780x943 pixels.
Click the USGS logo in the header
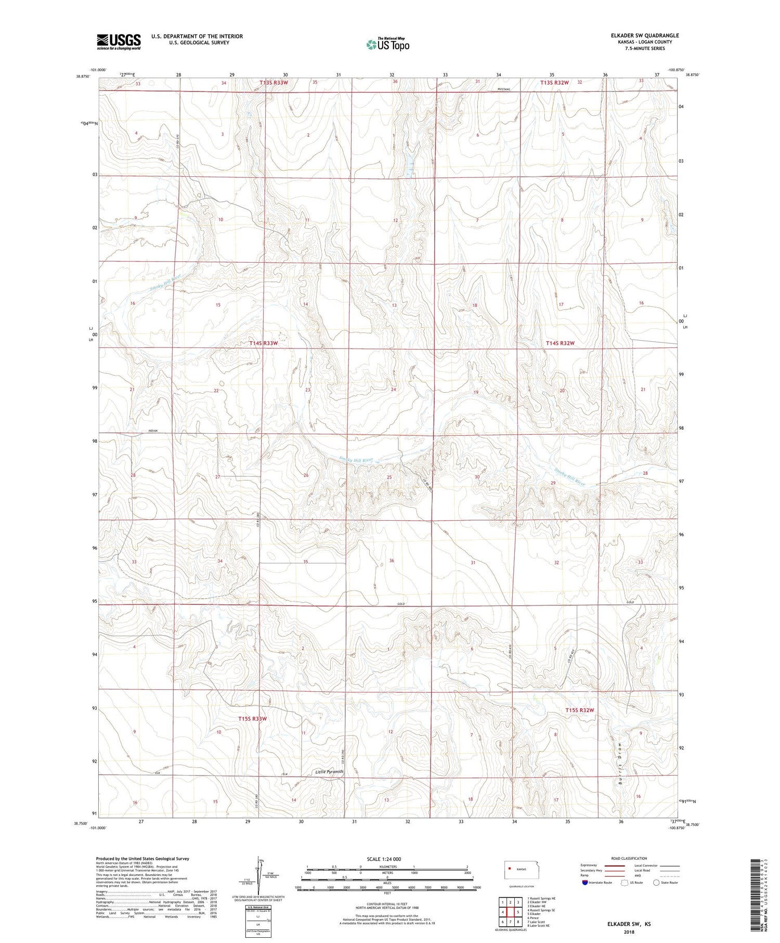[x=119, y=42]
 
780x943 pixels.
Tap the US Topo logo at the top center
[x=387, y=44]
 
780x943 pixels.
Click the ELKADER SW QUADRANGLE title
[x=645, y=35]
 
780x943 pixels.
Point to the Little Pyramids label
[x=329, y=771]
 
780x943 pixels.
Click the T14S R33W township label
[x=263, y=343]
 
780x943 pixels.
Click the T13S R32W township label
[x=554, y=82]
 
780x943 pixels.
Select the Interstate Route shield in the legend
[x=585, y=883]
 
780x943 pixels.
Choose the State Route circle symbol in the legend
[x=657, y=883]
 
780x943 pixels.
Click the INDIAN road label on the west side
[x=153, y=431]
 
